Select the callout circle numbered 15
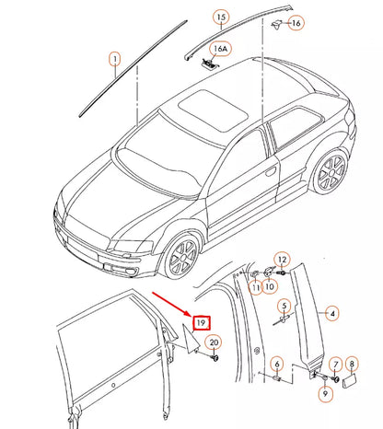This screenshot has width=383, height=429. point(220,17)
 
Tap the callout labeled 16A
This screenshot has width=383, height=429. point(219,47)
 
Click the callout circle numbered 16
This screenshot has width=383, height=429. point(296,22)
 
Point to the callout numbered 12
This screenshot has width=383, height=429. point(283,261)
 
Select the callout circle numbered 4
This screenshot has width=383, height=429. point(332,313)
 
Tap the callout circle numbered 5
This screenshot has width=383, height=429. point(284,306)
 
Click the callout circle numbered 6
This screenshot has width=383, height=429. point(276,365)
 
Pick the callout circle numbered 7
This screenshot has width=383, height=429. point(336,365)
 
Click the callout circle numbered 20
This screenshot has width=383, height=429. point(214,343)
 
